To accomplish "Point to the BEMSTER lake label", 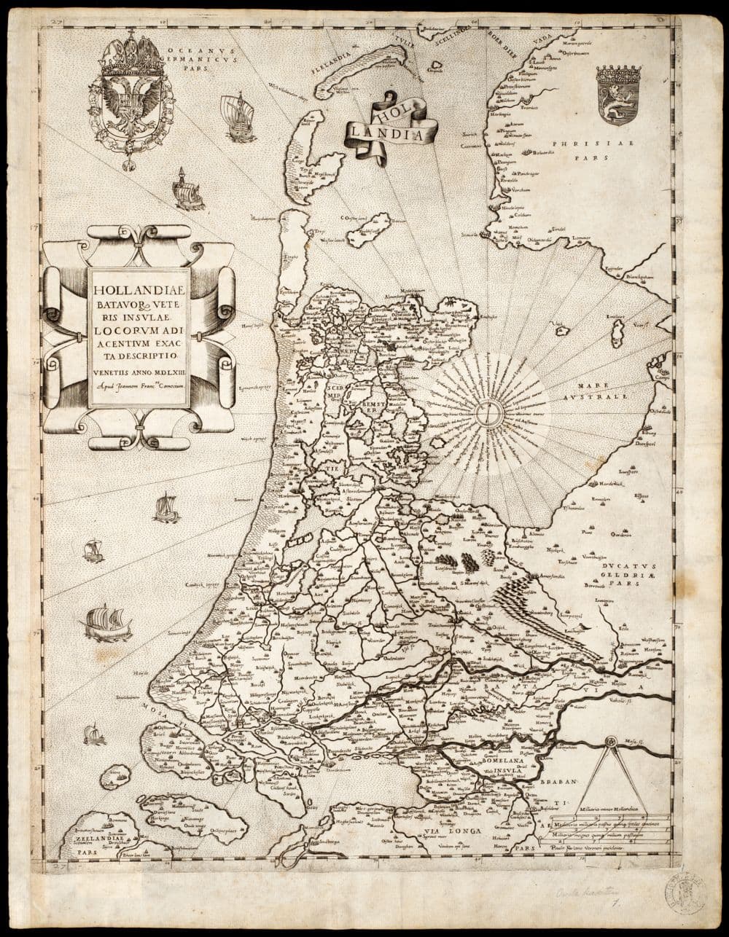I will point(362,405).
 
